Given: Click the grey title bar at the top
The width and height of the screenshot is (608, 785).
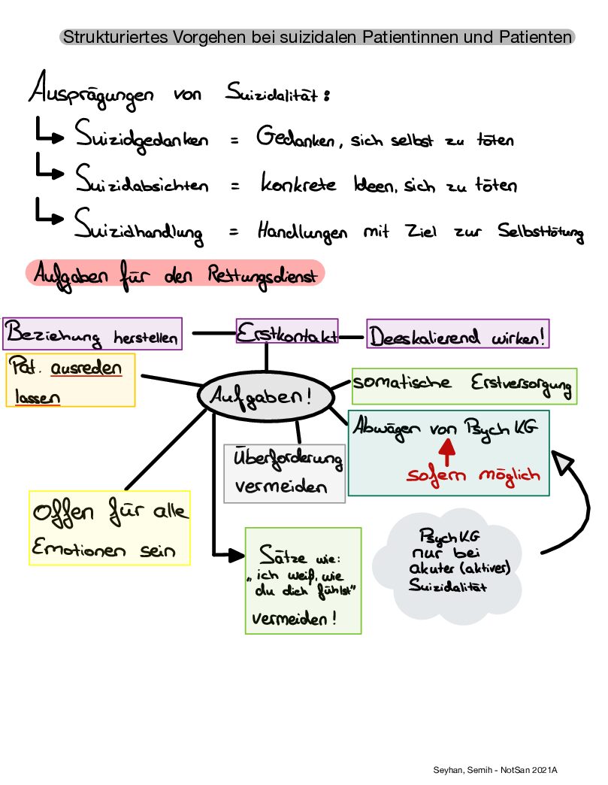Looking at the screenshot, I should (x=317, y=36).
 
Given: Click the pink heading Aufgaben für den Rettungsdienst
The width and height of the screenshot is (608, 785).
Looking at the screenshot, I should (x=174, y=274).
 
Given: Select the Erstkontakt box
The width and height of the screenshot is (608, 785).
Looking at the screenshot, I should (x=287, y=333).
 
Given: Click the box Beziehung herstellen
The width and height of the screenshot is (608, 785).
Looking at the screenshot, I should (x=92, y=334).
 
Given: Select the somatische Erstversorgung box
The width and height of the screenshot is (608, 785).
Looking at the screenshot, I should (x=463, y=385).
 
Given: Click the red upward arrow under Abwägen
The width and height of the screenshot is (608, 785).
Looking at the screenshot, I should (x=448, y=450).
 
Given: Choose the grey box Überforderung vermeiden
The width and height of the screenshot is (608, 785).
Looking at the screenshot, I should (x=284, y=473).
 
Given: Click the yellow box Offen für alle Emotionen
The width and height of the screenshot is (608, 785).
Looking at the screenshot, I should (x=109, y=528).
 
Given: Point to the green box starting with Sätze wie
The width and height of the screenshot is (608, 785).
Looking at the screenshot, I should (x=303, y=580).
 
